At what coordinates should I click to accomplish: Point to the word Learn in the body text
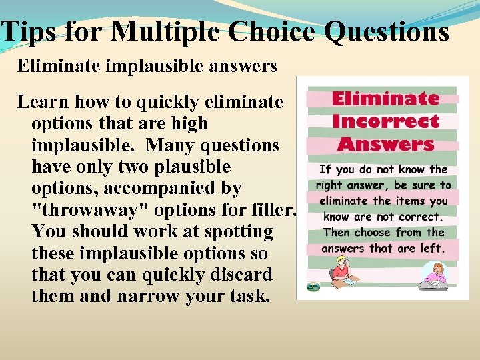pos(43,102)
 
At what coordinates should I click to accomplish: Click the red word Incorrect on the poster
pos(385,121)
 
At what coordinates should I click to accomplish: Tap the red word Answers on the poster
pos(385,143)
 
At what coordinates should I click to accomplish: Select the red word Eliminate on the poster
pos(385,99)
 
